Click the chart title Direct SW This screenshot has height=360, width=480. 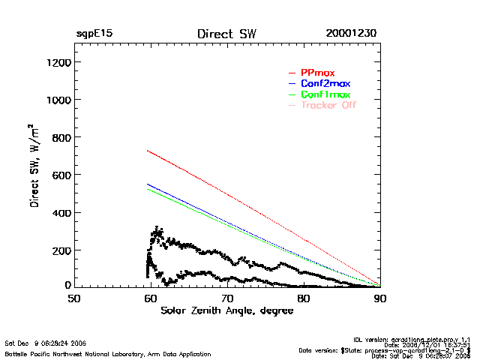coord(226,34)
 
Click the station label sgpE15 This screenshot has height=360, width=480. coord(94,34)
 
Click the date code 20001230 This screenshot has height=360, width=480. coord(351,34)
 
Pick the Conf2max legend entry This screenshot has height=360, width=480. coord(325,83)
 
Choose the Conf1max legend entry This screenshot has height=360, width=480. coord(325,94)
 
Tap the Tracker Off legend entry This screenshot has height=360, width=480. coord(328,105)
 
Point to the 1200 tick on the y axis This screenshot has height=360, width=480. coord(57,62)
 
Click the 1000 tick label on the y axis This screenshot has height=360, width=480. coord(57,100)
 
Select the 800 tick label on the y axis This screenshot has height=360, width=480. coord(60,137)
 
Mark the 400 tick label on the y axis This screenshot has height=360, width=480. coord(60,212)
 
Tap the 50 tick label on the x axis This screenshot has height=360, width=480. coord(74,298)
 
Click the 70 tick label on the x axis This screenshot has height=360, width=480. coord(227,298)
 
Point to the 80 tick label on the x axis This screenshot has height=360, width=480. coord(304,298)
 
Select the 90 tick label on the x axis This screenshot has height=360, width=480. coord(380,298)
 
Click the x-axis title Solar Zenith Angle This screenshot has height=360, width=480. coord(227,310)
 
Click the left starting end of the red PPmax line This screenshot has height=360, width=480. coord(148,151)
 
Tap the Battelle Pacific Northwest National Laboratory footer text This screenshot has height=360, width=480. coord(108,353)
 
